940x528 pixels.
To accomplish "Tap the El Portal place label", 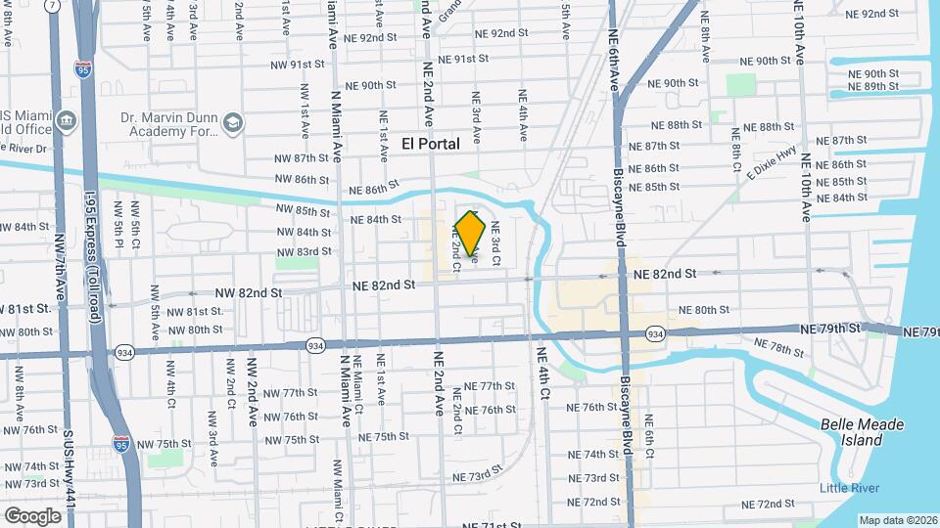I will click(431, 144).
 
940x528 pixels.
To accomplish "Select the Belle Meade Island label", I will click(862, 432).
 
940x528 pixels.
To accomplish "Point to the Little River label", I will click(850, 489).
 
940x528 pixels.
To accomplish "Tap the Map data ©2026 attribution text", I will click(898, 520).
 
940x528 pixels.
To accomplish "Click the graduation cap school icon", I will click(233, 123).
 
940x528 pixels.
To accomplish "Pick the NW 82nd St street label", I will click(249, 292).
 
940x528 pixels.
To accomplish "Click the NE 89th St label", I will click(872, 87).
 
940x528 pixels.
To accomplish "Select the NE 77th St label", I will click(490, 386).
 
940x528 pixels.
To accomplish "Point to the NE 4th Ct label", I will click(544, 372).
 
